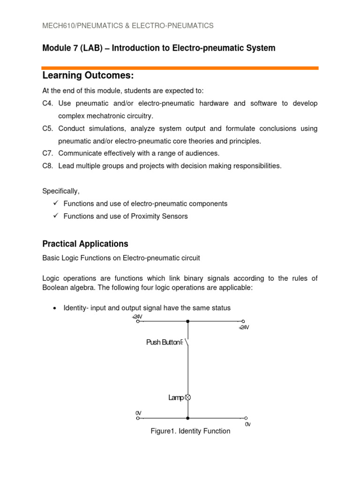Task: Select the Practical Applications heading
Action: click(85, 244)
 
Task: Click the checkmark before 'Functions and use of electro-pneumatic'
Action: click(55, 203)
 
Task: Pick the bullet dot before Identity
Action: click(55, 307)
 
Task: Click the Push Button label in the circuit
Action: click(163, 343)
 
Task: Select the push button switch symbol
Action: click(187, 343)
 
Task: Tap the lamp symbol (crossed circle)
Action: click(188, 397)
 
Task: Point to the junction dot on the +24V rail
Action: click(188, 322)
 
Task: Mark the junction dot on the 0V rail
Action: click(188, 418)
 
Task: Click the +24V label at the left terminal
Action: click(137, 317)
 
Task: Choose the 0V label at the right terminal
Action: click(248, 424)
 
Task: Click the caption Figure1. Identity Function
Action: click(190, 431)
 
